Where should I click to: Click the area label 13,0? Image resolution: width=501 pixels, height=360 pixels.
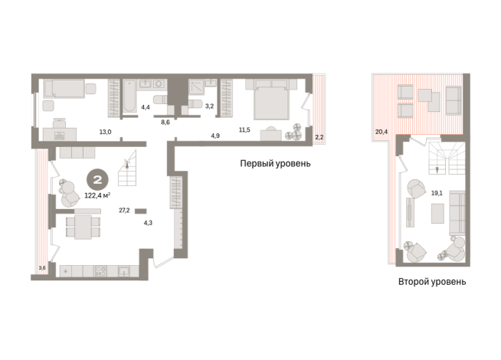click(105, 132)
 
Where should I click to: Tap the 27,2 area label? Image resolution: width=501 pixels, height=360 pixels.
click(124, 210)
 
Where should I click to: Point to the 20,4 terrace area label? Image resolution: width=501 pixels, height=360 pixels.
click(381, 131)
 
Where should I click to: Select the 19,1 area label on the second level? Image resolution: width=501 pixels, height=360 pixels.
click(437, 193)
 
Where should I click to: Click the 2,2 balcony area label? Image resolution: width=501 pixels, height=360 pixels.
click(319, 137)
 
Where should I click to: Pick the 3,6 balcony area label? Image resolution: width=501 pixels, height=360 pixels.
click(42, 268)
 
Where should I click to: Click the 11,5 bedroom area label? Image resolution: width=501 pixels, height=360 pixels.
click(244, 129)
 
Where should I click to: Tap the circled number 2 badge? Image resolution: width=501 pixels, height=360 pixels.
click(97, 180)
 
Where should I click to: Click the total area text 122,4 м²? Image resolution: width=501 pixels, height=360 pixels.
click(97, 195)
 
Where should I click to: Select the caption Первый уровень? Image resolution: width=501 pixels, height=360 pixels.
click(275, 164)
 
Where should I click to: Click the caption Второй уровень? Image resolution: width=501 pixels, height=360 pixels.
click(432, 282)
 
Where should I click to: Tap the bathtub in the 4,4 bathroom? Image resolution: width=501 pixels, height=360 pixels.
click(129, 96)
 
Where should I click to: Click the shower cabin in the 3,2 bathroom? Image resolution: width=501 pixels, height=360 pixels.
click(197, 87)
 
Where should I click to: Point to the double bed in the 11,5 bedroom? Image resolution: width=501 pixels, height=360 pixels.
click(271, 100)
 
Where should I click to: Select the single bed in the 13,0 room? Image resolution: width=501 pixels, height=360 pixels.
click(64, 89)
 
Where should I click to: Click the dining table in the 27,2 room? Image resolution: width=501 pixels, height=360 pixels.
click(83, 227)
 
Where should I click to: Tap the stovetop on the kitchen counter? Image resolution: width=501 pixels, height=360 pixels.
click(100, 271)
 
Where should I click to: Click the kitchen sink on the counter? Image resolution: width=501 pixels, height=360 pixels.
click(124, 271)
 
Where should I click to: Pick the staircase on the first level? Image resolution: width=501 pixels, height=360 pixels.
click(127, 169)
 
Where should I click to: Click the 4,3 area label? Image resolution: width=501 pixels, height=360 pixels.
click(148, 223)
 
